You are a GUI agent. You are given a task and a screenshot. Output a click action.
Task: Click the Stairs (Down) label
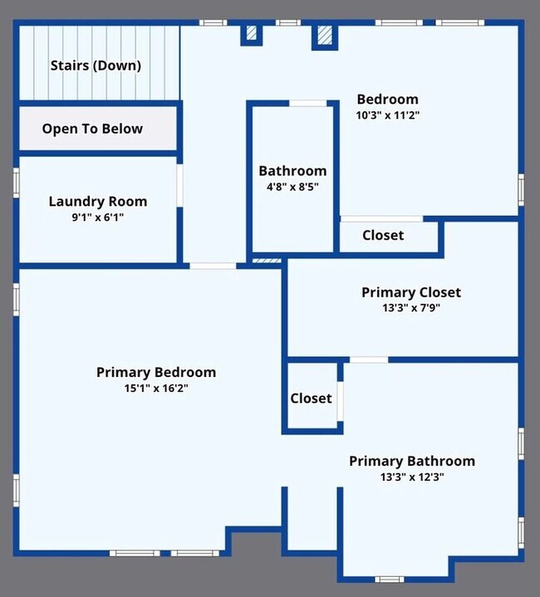click(96, 66)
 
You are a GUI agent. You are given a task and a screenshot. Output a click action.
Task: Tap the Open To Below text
click(92, 129)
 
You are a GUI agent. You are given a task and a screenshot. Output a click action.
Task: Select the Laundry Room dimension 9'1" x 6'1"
click(98, 218)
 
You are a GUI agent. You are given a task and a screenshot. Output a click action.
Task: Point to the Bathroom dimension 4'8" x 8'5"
click(292, 187)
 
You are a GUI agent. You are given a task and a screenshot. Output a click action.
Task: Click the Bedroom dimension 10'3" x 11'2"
click(388, 115)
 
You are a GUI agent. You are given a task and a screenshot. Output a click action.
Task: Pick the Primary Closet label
click(411, 292)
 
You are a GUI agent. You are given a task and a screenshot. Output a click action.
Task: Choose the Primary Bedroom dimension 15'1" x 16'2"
click(156, 389)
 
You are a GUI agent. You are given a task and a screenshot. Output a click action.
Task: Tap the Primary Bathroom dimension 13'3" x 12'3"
click(412, 477)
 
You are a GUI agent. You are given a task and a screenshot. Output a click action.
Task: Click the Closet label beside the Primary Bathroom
click(312, 399)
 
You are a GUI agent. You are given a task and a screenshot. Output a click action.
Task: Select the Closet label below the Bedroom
click(383, 235)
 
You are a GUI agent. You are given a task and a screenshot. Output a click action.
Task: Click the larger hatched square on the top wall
click(325, 35)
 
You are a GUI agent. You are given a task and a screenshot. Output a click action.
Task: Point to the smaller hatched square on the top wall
click(252, 32)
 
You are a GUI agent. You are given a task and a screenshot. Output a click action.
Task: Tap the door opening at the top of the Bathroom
click(307, 103)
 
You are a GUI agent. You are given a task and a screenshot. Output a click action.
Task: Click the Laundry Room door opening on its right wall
click(179, 185)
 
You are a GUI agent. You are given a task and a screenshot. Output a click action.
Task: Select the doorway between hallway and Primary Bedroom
click(213, 266)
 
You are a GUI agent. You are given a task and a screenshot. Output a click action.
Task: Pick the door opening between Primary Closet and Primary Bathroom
click(369, 360)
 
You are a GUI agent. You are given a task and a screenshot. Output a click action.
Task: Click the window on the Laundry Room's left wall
click(17, 183)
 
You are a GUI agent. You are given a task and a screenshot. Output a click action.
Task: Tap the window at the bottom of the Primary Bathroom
click(390, 580)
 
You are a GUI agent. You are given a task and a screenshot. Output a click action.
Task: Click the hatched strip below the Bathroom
click(267, 261)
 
